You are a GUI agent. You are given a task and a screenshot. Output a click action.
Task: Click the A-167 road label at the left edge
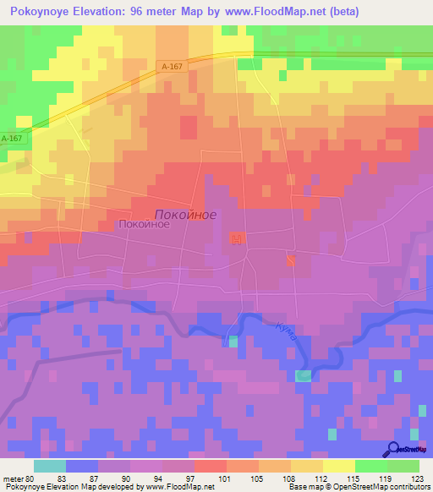11,138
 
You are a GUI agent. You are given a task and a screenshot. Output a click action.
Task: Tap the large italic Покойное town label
185,215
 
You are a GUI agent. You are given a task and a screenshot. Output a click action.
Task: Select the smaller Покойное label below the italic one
144,225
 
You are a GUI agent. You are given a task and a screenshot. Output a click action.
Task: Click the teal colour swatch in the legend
49,466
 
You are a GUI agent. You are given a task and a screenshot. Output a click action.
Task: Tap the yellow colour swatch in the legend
338,466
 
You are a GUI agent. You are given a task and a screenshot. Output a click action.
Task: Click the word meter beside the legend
13,478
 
